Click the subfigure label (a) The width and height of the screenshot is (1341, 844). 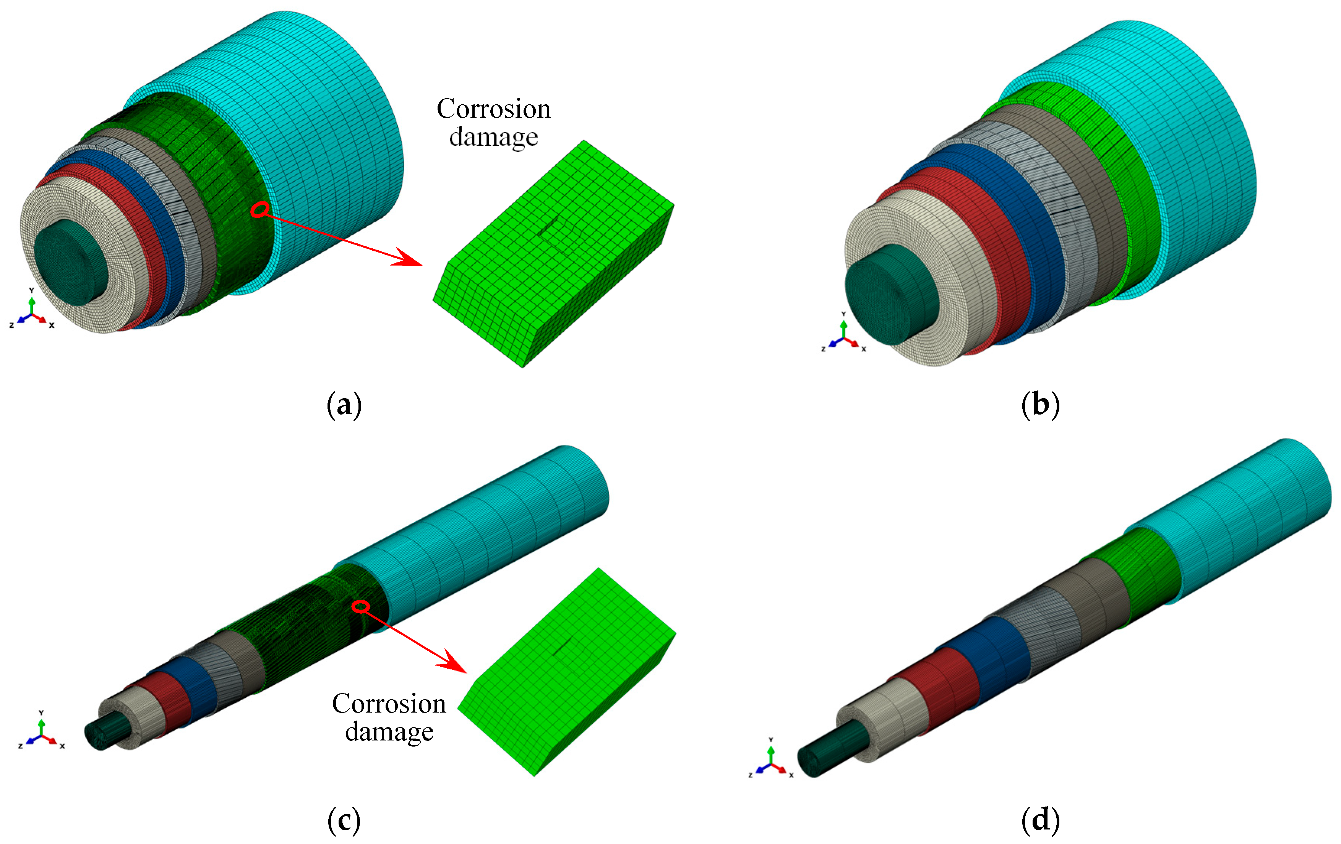(x=344, y=405)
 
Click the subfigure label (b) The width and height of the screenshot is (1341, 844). (x=1040, y=405)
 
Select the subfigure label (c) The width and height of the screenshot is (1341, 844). (x=344, y=820)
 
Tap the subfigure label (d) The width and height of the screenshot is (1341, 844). (x=1040, y=820)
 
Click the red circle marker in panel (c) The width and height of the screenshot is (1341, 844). (x=361, y=606)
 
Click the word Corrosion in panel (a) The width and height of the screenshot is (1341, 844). (x=493, y=109)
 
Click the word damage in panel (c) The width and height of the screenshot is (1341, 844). (x=389, y=732)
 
